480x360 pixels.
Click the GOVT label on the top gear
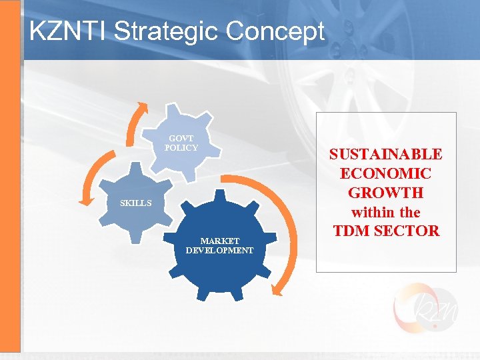tap(181, 139)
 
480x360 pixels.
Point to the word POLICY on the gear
tap(181, 148)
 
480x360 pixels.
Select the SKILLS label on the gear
tap(135, 203)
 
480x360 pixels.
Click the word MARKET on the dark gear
tap(220, 241)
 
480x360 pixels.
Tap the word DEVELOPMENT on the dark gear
tap(220, 251)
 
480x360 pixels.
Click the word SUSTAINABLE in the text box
tap(385, 154)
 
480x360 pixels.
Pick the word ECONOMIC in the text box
tap(385, 173)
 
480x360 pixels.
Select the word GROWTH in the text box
tap(385, 193)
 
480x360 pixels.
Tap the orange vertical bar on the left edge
tap(10, 180)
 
